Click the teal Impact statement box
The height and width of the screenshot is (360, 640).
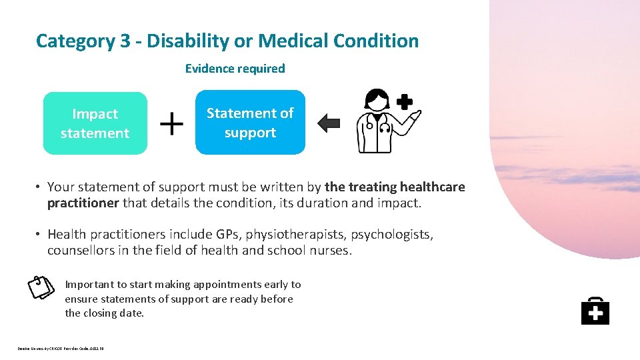(95, 123)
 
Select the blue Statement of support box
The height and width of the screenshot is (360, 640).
(250, 123)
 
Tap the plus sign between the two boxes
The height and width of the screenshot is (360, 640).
(173, 123)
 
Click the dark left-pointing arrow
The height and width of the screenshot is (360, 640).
(329, 123)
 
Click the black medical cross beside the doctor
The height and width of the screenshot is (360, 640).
(405, 102)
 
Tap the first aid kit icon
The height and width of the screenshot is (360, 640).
(595, 311)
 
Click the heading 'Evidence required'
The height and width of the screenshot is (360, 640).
(235, 68)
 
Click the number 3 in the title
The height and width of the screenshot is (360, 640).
(125, 41)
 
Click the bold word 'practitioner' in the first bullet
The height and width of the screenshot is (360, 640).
(83, 203)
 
